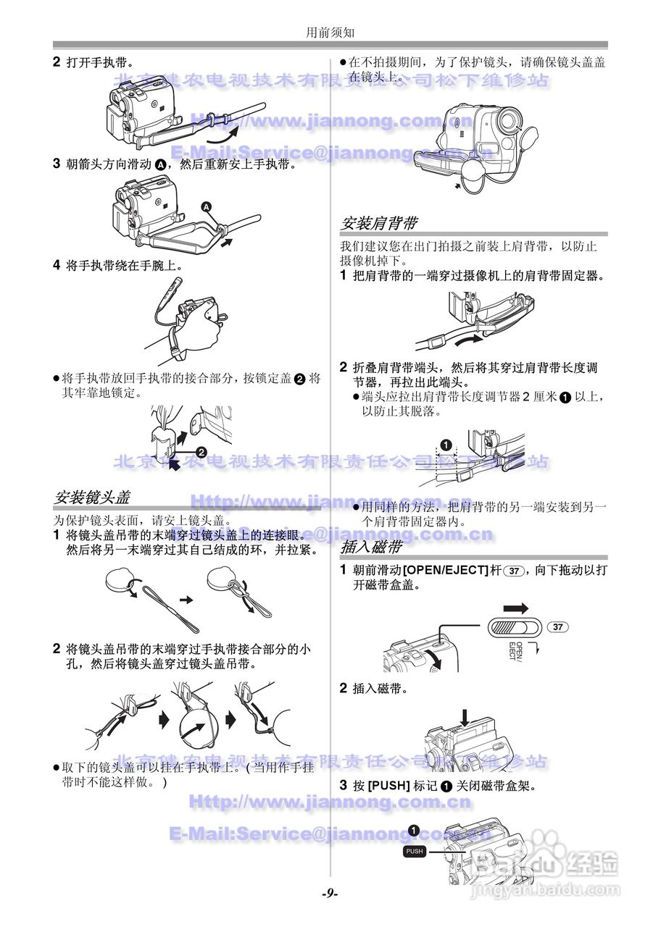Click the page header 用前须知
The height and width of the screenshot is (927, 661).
click(x=330, y=32)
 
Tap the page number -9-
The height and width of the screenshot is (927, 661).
click(x=330, y=894)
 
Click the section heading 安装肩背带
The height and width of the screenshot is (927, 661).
click(x=378, y=223)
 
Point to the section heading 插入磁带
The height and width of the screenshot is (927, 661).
click(x=370, y=546)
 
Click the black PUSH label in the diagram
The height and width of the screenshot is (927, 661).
click(x=415, y=852)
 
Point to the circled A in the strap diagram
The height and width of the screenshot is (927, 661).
click(x=207, y=207)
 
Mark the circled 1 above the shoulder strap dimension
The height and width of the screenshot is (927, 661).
click(x=446, y=444)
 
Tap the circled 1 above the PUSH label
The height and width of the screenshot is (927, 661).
click(x=413, y=830)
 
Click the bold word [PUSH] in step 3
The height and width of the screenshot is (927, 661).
click(x=389, y=786)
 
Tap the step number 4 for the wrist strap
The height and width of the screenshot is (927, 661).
click(x=56, y=265)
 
